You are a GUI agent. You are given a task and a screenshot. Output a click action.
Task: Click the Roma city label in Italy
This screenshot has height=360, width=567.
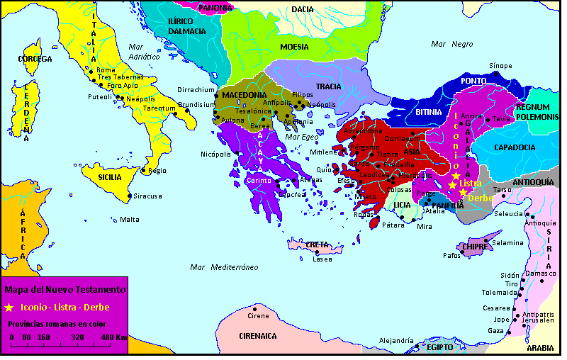coord(106,70)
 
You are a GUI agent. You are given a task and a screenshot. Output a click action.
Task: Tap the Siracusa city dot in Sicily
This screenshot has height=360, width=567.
coord(129,196)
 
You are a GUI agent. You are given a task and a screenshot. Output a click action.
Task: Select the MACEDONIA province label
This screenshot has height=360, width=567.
coord(244,95)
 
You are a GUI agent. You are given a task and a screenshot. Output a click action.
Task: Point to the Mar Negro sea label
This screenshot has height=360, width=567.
coord(451,44)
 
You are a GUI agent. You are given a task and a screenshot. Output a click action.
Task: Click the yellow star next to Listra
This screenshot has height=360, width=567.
coord(452,185)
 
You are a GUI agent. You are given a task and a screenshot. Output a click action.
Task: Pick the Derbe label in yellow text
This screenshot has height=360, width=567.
coord(481,198)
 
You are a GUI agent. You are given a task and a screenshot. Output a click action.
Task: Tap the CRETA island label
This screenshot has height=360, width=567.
coord(317,244)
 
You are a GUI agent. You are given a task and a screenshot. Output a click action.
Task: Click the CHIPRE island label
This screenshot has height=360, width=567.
coord(473,247)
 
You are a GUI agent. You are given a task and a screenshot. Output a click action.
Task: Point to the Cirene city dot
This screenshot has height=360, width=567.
coord(256,308)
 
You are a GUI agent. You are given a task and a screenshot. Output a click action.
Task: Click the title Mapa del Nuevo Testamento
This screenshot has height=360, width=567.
coord(65,290)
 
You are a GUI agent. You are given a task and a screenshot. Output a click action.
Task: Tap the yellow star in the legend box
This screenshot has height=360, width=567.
coord(9,308)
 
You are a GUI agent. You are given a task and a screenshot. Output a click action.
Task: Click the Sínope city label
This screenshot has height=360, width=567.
coord(500,65)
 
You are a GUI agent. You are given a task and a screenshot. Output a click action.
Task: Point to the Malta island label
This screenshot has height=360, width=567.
coord(130,219)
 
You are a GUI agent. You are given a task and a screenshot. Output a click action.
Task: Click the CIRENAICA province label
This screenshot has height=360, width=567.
coord(257,336)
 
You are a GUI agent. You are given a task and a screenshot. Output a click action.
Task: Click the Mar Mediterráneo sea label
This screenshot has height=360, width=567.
coord(223,267)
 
